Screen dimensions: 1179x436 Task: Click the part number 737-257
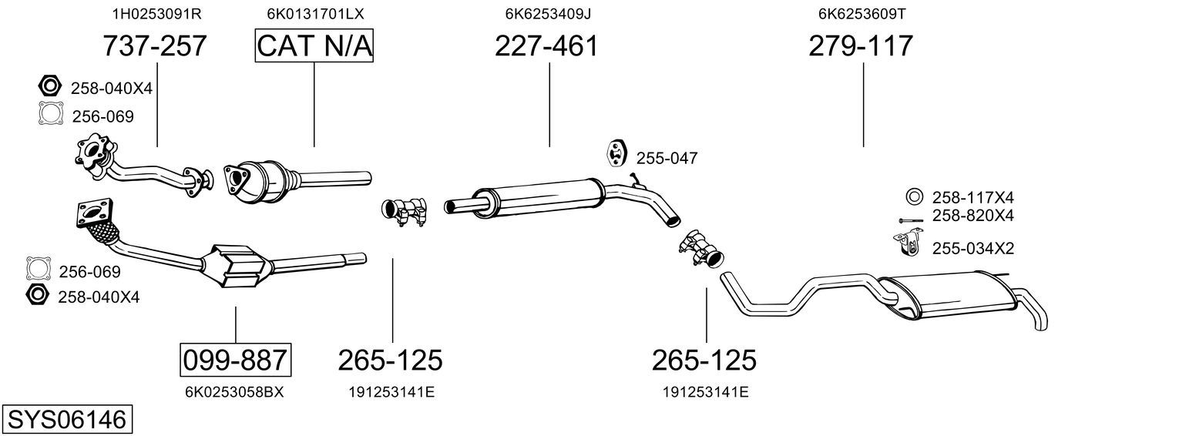pos(155,45)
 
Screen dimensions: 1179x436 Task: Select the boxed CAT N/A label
pos(314,45)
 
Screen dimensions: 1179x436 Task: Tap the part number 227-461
pos(546,45)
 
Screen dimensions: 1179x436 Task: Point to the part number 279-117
pos(861,45)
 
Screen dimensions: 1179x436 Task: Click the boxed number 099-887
pos(235,361)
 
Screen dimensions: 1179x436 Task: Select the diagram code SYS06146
pos(67,420)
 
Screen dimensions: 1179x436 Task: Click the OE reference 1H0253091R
pos(157,14)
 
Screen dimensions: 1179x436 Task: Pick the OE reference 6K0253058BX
pos(234,392)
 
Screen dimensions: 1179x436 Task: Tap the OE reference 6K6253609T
pos(862,14)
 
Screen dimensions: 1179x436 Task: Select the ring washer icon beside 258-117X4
pos(914,196)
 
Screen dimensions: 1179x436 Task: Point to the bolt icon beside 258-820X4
pos(911,220)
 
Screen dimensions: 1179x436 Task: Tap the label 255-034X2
pos(972,248)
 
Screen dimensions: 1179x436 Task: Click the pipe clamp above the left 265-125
pos(404,211)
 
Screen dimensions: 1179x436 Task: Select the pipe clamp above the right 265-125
pos(702,248)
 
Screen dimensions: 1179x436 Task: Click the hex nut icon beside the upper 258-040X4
pos(50,86)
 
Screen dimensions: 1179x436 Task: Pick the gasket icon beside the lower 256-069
pos(39,268)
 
